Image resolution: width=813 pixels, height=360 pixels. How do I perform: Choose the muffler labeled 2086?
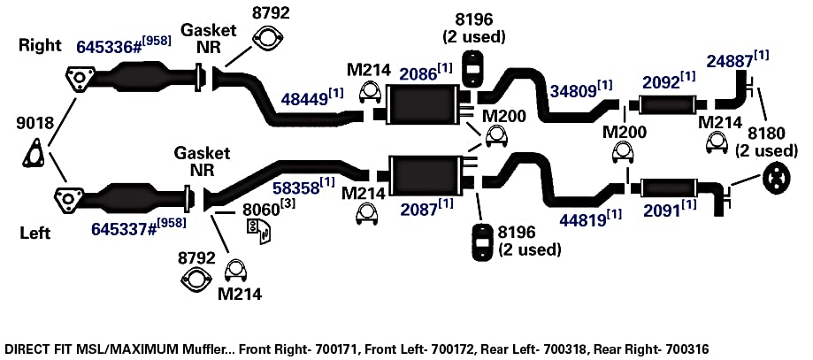click(x=422, y=104)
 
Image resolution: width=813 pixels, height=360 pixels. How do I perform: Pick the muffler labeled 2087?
click(x=424, y=174)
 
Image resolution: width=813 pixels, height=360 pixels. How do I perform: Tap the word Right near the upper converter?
click(x=41, y=45)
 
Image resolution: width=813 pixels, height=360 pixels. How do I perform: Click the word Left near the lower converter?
click(x=35, y=233)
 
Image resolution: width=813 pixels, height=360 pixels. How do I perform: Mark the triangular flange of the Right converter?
click(x=80, y=79)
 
